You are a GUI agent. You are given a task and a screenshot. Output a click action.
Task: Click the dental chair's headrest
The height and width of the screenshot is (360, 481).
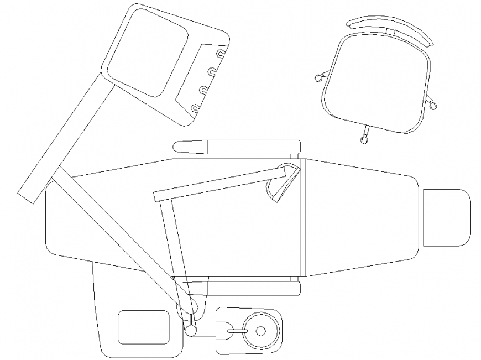click(446, 217)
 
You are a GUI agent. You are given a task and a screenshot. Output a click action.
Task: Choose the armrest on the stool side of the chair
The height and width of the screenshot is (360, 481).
click(238, 147)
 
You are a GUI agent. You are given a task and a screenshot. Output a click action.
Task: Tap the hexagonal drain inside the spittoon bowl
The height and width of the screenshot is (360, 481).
click(261, 331)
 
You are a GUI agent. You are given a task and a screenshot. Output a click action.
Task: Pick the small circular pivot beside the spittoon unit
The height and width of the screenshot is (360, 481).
click(191, 330)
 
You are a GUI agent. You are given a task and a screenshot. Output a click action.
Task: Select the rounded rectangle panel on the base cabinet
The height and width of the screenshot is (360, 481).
click(143, 327)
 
